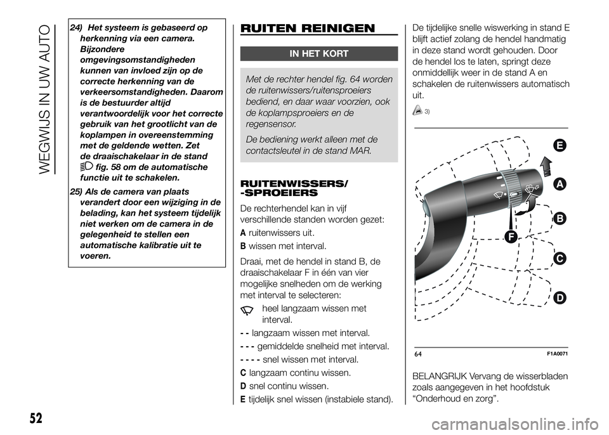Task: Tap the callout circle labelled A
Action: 559,184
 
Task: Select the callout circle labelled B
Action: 559,219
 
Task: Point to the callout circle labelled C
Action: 559,259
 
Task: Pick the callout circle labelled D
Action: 559,297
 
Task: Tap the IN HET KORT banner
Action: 318,54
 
